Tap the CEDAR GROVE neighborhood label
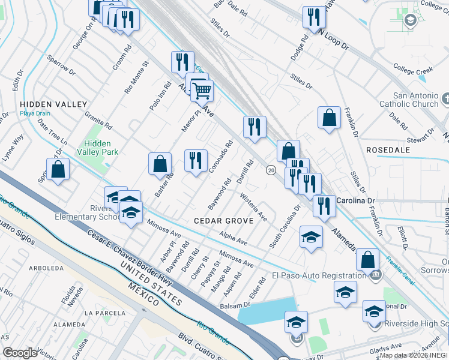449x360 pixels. click(223, 220)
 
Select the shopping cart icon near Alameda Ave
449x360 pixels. click(202, 91)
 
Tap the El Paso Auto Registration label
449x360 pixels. click(319, 276)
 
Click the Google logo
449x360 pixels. click(19, 353)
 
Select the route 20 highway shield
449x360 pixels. click(271, 170)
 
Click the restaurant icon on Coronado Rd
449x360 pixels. click(196, 160)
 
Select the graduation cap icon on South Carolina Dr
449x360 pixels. click(311, 237)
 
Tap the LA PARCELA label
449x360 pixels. click(104, 313)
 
